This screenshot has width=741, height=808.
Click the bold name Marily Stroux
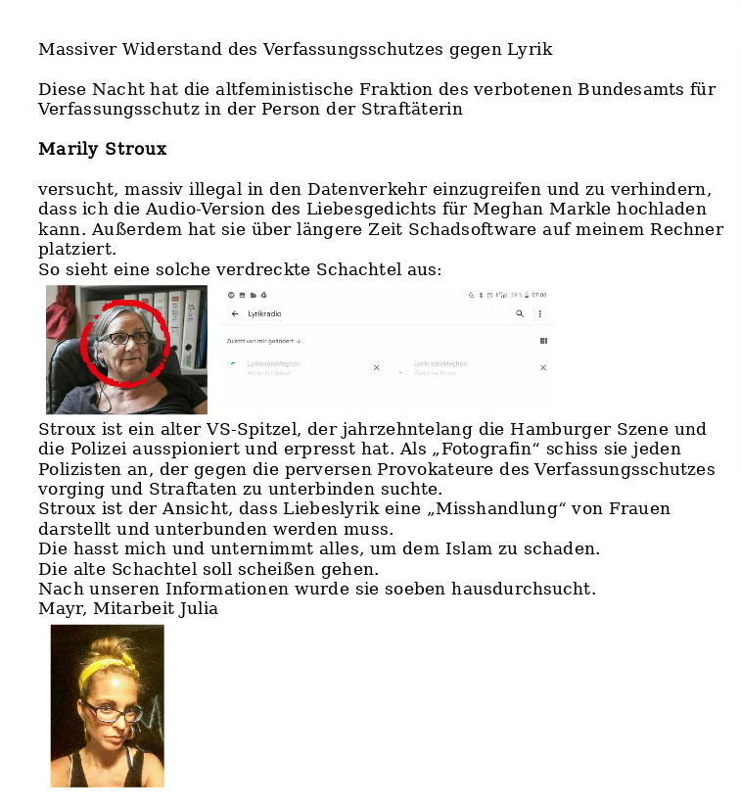[x=102, y=150]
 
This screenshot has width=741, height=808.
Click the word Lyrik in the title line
[x=530, y=49]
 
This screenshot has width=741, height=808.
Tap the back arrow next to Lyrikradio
[x=235, y=314]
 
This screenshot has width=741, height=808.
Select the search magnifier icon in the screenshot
[x=520, y=314]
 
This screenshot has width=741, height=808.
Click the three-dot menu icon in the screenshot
[x=539, y=314]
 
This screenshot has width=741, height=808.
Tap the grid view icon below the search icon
[x=543, y=341]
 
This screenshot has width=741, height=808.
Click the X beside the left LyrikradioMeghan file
[x=376, y=367]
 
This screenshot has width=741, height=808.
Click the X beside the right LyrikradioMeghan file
[x=543, y=367]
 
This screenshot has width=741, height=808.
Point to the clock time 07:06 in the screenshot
[x=538, y=294]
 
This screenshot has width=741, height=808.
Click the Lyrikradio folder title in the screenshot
[x=265, y=314]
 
